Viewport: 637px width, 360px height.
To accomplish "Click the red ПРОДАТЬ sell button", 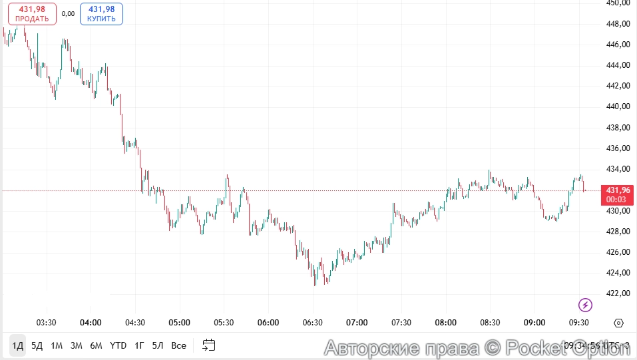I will pos(32,14).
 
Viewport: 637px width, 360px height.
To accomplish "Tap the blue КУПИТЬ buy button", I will pos(101,14).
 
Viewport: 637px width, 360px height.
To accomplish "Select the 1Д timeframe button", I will pos(17,345).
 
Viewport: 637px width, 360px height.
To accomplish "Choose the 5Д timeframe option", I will pos(37,345).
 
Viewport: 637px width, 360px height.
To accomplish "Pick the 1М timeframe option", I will pos(57,345).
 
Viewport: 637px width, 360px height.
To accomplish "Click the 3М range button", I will pos(77,345).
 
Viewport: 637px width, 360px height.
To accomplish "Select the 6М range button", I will pos(97,345).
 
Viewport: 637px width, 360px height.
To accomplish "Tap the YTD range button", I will pos(118,345).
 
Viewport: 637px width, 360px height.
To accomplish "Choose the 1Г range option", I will pos(139,345).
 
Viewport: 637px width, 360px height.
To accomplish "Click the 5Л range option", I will pos(158,345).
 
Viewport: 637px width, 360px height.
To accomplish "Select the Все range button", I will pos(178,345).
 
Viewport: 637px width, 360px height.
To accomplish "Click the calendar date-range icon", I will pos(209,345).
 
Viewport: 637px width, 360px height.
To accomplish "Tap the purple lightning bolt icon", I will pos(585,305).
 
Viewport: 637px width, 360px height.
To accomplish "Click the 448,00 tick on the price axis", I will pos(618,24).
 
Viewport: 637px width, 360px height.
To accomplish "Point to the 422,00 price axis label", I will pos(618,293).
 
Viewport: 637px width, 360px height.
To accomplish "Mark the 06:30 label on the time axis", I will pos(312,323).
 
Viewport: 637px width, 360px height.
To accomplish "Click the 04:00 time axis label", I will pos(91,323).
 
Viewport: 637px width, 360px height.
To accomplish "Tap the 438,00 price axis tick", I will pos(618,127).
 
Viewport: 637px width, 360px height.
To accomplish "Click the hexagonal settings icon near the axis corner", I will pos(618,323).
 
